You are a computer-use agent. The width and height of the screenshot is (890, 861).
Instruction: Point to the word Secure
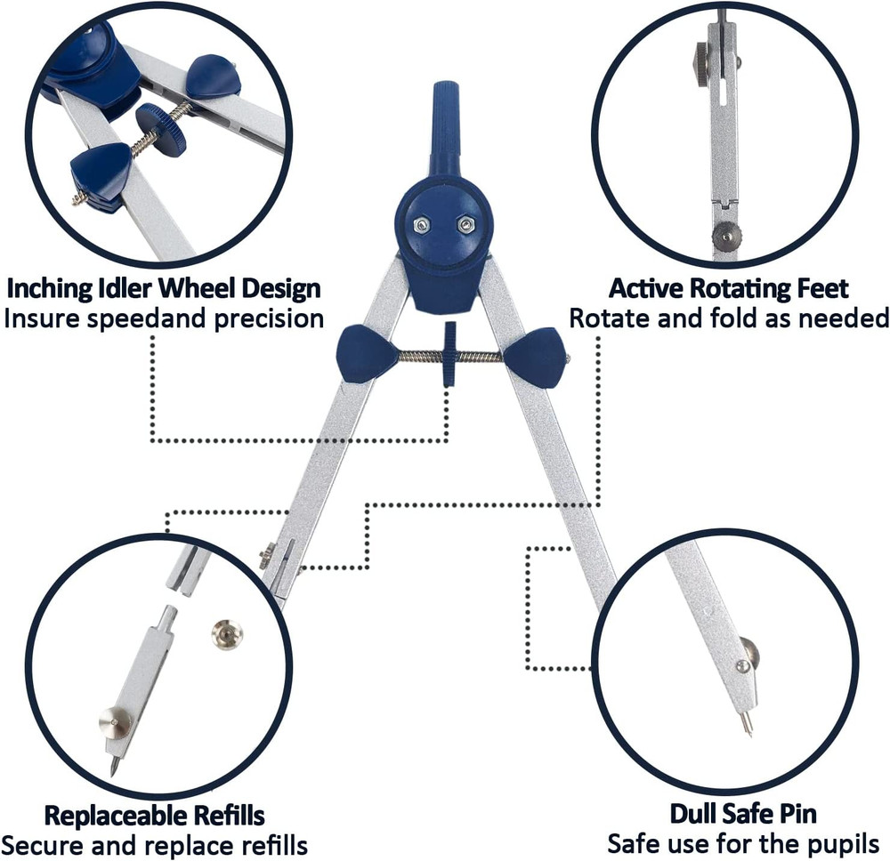point(45,843)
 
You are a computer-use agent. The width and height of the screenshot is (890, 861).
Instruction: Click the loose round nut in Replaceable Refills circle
point(227,634)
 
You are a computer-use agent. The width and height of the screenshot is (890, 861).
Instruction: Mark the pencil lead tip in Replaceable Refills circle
point(113,766)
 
